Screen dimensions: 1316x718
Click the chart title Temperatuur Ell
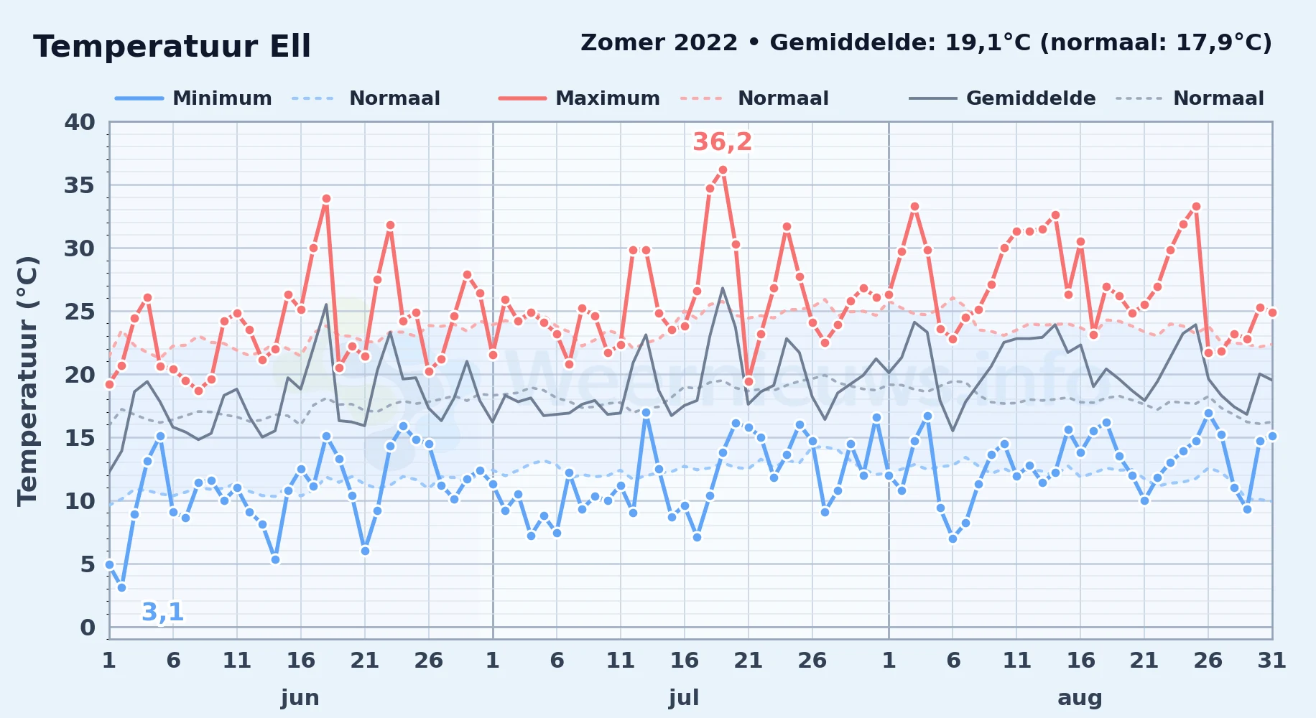point(172,47)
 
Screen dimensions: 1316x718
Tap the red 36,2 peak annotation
point(722,142)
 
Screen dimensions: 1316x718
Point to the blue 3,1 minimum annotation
point(163,612)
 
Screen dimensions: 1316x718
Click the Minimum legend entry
point(194,98)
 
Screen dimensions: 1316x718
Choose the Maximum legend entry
point(580,98)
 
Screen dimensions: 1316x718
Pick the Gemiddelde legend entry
point(1003,98)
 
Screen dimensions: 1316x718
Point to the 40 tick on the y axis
point(80,123)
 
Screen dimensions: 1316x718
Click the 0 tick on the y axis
point(88,628)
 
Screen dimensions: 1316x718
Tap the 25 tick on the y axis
point(80,312)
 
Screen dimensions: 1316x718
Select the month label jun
point(300,698)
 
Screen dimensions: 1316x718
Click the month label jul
point(684,698)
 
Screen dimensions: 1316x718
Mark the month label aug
point(1080,698)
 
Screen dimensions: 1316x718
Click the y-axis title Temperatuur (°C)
point(27,381)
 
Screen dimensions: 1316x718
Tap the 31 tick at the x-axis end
point(1271,661)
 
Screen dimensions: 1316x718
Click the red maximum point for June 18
point(326,199)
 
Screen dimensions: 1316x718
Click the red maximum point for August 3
point(914,207)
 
